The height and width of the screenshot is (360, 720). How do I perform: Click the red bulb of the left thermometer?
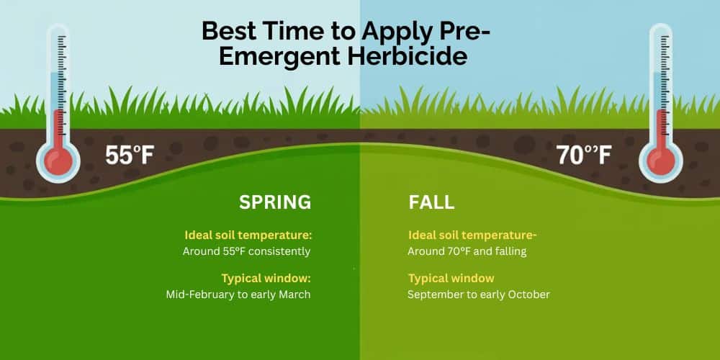[58, 160]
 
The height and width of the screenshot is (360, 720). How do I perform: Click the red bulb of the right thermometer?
[661, 160]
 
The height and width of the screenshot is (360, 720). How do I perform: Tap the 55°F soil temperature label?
[130, 155]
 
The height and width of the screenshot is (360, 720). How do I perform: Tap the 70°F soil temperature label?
[584, 155]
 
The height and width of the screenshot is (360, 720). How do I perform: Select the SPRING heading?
[275, 202]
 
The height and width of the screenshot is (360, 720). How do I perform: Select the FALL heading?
[431, 202]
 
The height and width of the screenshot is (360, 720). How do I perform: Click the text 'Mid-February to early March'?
[238, 294]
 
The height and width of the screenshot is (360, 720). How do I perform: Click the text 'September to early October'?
[479, 294]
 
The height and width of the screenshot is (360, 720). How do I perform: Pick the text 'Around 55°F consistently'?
[246, 251]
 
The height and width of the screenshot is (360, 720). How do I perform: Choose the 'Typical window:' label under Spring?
[266, 278]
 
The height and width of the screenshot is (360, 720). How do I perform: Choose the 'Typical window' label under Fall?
[451, 278]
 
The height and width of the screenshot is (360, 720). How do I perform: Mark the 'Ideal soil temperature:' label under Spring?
[248, 235]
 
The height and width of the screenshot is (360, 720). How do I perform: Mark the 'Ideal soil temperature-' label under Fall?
[473, 235]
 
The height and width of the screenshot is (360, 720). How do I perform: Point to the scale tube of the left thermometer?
[58, 86]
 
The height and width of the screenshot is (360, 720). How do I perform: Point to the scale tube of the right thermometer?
[661, 86]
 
